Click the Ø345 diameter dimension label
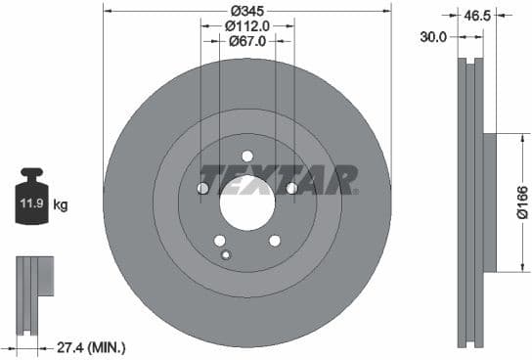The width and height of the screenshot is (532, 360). [246, 10]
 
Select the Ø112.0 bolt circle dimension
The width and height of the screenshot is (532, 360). [248, 26]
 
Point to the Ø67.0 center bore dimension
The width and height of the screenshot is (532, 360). [248, 41]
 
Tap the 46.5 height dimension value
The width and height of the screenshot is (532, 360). [477, 16]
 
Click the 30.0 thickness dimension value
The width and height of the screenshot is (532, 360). [433, 36]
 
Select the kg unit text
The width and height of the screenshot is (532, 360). [61, 205]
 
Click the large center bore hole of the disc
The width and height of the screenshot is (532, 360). [246, 204]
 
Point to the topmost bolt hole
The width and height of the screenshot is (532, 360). [246, 156]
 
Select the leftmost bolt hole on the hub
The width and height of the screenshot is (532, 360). [203, 188]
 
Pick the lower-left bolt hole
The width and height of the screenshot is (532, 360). [220, 241]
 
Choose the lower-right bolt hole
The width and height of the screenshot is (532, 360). [274, 241]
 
